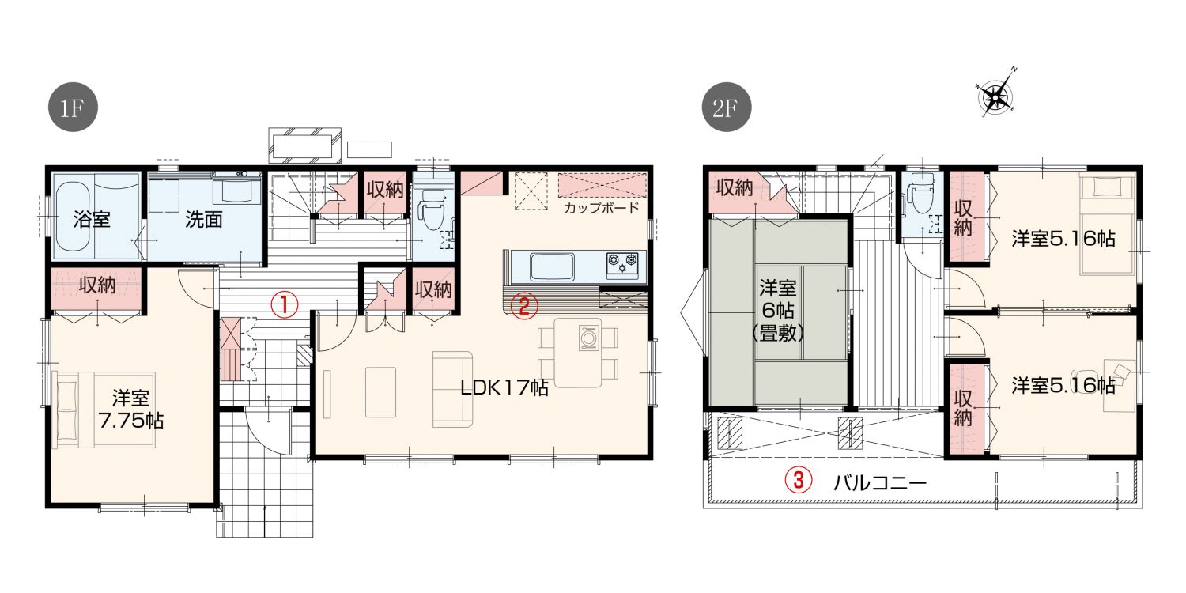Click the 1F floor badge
tap(73, 107)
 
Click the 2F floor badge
tap(726, 107)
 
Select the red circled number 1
tap(285, 305)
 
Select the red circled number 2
tap(523, 305)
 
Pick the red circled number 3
tap(799, 480)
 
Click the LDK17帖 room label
tap(504, 388)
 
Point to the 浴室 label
tap(92, 219)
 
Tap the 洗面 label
tap(204, 219)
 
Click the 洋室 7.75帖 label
tap(130, 410)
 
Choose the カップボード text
tap(602, 207)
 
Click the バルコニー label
tap(879, 483)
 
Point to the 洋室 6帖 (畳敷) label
tap(778, 311)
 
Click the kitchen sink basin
tap(552, 267)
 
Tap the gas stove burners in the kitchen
tap(623, 265)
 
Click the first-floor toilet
tap(432, 210)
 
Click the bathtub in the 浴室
tap(73, 217)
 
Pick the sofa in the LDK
tap(453, 389)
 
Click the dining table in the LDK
tap(578, 353)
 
